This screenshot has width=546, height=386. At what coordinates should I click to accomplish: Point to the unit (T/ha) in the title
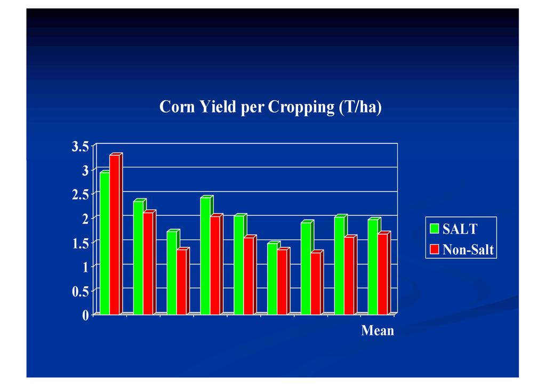point(360,108)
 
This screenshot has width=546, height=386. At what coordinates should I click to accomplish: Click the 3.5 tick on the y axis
point(81,147)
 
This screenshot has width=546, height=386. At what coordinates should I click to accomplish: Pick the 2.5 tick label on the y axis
point(81,195)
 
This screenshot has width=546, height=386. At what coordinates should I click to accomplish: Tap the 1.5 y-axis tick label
point(81,243)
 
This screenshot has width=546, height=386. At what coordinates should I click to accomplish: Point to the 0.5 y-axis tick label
point(81,291)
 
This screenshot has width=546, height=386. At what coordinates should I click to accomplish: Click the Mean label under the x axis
point(378,331)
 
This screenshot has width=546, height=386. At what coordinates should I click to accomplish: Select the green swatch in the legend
point(435,229)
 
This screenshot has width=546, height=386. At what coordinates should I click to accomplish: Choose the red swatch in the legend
point(435,249)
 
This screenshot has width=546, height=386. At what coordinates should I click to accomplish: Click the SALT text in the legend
point(460,229)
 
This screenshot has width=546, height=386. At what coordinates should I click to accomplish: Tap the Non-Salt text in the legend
point(468,250)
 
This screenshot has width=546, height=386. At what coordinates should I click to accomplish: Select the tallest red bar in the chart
point(114,235)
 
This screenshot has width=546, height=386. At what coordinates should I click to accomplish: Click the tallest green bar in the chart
point(104,243)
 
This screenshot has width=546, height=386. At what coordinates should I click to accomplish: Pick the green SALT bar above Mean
point(373,267)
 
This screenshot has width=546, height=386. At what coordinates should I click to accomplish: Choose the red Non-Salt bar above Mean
point(383,274)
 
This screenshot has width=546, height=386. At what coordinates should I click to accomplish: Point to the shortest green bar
point(272,278)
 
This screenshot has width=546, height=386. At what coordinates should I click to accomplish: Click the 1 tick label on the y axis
point(85,267)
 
